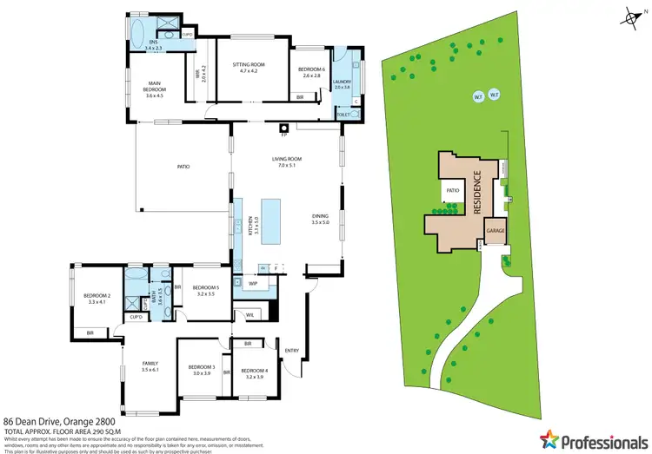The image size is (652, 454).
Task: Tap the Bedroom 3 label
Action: (x=201, y=369)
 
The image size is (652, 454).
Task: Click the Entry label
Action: (x=291, y=350)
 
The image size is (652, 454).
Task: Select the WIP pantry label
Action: (x=253, y=284)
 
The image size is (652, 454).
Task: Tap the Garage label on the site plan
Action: (x=496, y=232)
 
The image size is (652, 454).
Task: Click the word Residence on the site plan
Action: (x=476, y=192)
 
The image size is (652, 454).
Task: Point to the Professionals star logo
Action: (x=549, y=438)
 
